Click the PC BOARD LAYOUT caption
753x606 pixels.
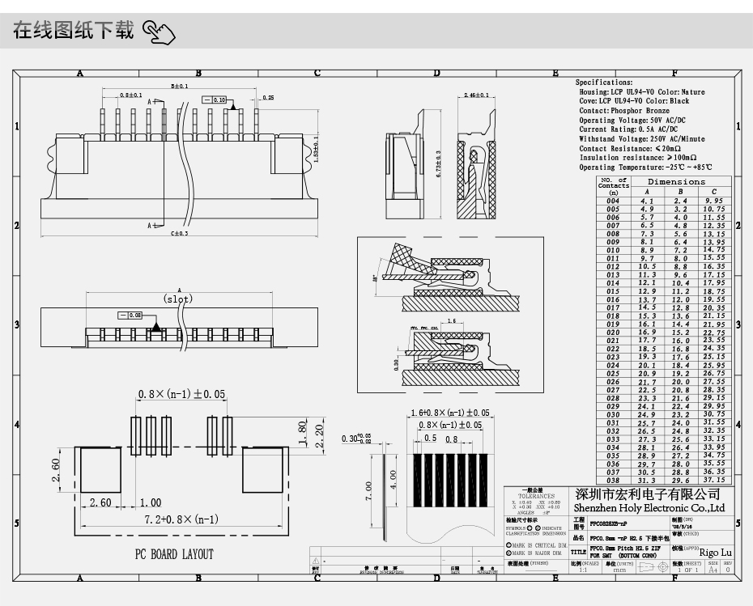[x=174, y=554]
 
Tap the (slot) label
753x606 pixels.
[x=177, y=299]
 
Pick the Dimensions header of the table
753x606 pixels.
[x=676, y=182]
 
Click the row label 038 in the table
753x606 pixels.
[x=613, y=480]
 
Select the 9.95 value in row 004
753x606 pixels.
[x=713, y=201]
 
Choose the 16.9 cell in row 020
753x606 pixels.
[x=647, y=333]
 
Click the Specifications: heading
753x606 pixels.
[x=604, y=83]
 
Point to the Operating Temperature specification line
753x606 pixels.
[x=641, y=167]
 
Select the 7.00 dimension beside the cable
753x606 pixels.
[x=368, y=489]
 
